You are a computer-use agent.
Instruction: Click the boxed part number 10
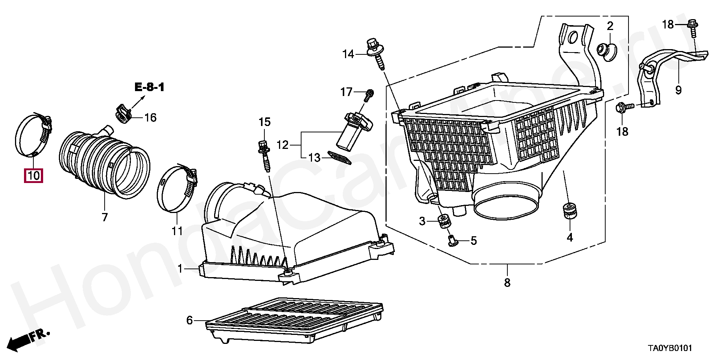[33, 175]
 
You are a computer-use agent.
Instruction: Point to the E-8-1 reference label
[150, 88]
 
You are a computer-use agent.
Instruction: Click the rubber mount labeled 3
[445, 221]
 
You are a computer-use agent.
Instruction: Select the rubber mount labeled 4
[570, 211]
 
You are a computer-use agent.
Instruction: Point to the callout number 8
[507, 282]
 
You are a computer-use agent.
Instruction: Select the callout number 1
[180, 269]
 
